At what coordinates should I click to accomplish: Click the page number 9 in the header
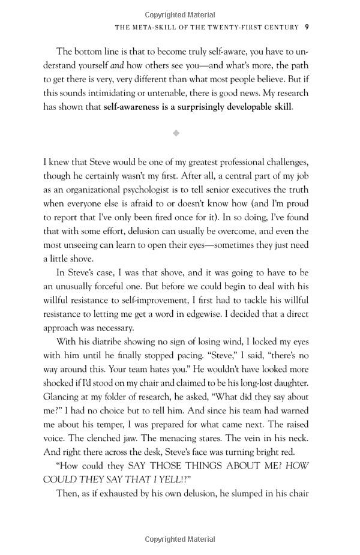[x=307, y=26]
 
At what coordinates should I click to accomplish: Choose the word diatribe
[x=101, y=341]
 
